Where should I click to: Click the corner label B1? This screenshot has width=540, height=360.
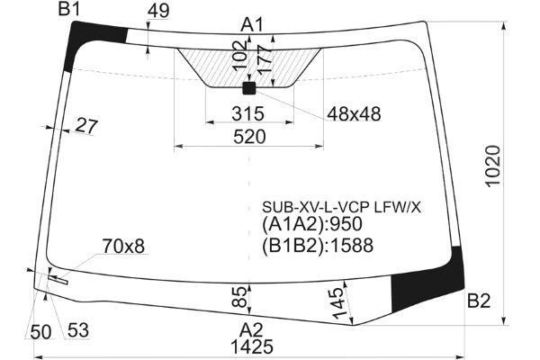(69, 9)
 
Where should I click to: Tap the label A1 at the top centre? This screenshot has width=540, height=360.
(252, 25)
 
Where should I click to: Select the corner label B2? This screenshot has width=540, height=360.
(479, 301)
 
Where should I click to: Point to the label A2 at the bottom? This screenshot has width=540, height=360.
(251, 330)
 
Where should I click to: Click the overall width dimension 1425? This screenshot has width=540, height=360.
(252, 346)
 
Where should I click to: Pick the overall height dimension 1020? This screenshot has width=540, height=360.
(493, 166)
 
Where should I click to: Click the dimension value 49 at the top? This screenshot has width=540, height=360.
(158, 11)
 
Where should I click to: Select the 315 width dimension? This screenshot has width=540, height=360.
(248, 113)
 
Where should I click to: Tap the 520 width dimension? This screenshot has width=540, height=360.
(249, 137)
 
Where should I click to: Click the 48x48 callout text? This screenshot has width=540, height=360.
(354, 113)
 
